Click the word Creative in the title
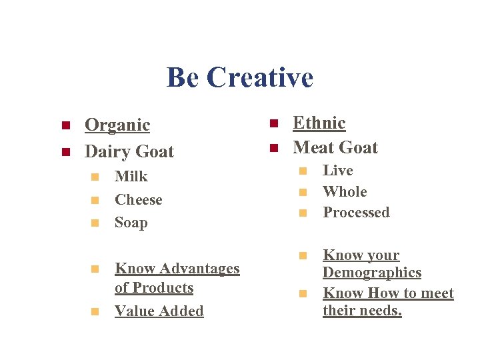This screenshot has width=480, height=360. [x=259, y=77]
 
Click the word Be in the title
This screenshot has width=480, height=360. [x=182, y=77]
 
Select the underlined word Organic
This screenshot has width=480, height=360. [x=117, y=125]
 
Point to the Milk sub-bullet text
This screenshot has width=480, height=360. [x=131, y=177]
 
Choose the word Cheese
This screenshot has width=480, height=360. [x=139, y=200]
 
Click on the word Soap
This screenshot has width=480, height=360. [x=131, y=223]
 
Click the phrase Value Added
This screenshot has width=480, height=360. [x=159, y=311]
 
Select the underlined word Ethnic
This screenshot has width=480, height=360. [x=319, y=123]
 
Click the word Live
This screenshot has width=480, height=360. [x=338, y=171]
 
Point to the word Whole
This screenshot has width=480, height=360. [x=345, y=192]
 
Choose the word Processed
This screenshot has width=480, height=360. [x=356, y=213]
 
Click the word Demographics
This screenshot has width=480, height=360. [x=372, y=273]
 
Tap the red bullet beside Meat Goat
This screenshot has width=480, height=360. [x=273, y=148]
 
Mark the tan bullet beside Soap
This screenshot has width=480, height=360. [x=95, y=223]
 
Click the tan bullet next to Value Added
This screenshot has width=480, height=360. [x=95, y=312]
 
